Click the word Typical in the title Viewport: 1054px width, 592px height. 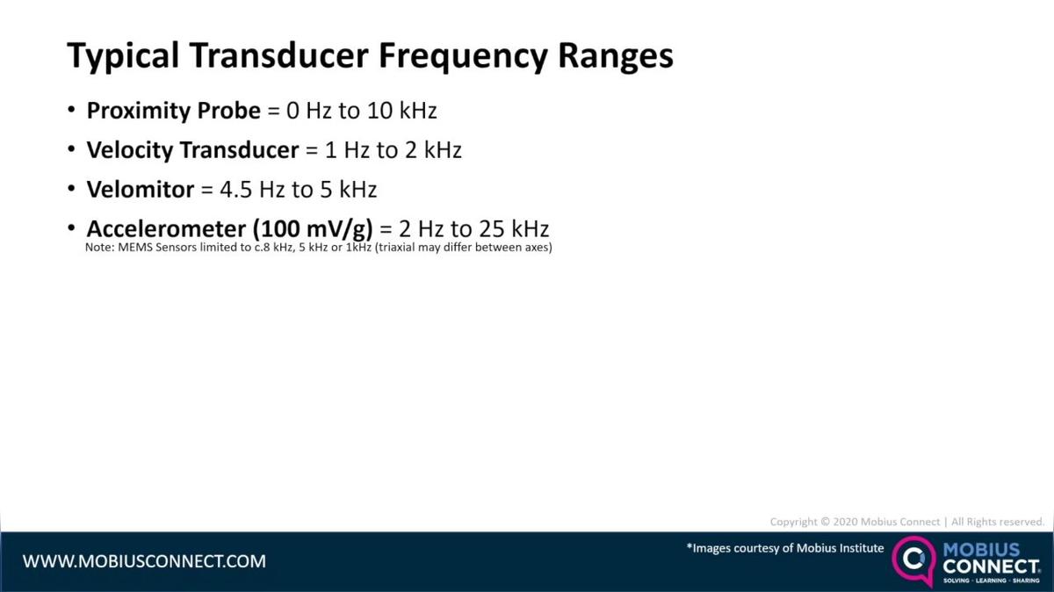[x=124, y=56]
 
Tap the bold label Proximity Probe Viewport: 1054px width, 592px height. [x=174, y=111]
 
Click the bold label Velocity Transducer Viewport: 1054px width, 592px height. [x=192, y=150]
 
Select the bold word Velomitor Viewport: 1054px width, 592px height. [x=140, y=189]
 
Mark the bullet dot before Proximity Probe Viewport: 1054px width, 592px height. [x=72, y=111]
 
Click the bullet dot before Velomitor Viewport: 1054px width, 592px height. [x=72, y=189]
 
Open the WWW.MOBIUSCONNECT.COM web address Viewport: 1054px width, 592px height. [x=144, y=560]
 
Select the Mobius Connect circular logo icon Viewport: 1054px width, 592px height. [x=914, y=560]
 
